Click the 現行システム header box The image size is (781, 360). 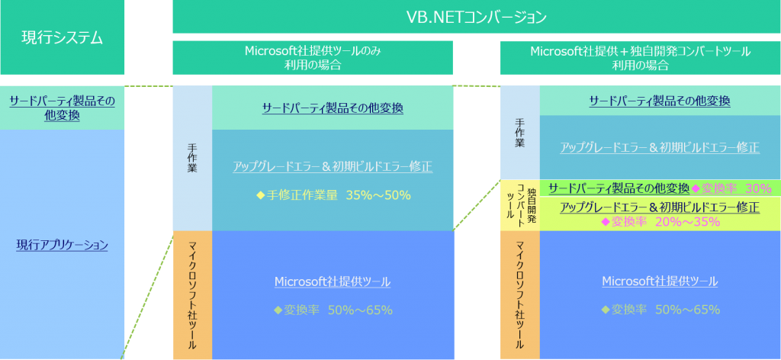(x=62, y=37)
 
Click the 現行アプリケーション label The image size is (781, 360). (x=62, y=245)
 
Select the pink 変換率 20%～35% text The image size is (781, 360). (x=660, y=221)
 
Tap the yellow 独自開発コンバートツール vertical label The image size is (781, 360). (x=519, y=205)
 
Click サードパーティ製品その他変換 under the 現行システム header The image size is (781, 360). (x=62, y=108)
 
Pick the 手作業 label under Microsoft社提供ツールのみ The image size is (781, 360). (x=192, y=158)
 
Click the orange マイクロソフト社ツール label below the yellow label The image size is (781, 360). (x=519, y=294)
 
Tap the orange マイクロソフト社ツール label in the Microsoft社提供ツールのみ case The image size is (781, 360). (x=192, y=294)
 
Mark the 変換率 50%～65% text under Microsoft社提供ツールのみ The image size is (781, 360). (x=333, y=310)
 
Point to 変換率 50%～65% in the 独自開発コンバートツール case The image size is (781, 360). (x=660, y=310)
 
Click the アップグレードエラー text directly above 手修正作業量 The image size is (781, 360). (x=333, y=166)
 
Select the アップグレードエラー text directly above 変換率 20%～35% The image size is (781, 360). (x=660, y=207)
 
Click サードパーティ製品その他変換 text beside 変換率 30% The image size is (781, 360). (x=619, y=188)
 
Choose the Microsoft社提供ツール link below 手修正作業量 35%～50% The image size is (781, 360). (x=333, y=281)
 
